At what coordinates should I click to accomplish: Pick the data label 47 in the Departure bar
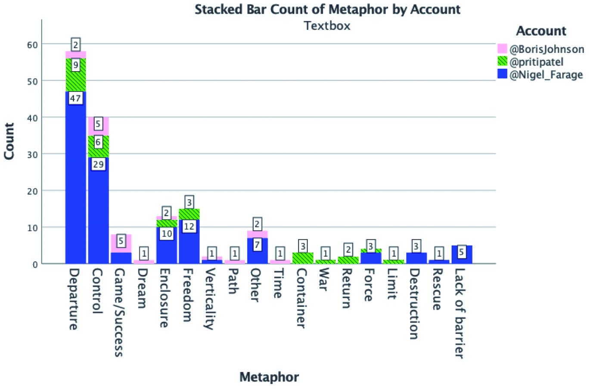75,98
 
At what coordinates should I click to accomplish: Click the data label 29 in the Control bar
98,164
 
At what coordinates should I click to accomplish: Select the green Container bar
302,258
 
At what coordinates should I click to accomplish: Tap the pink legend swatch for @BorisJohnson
502,49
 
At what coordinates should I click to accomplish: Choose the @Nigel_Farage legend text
546,75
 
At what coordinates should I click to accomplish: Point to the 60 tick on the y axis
32,44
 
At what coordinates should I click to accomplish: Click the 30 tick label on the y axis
32,154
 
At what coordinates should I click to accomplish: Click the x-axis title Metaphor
269,377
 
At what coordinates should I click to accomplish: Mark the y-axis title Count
9,141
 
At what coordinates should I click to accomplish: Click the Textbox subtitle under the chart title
327,26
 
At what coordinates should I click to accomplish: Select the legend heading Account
541,31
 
